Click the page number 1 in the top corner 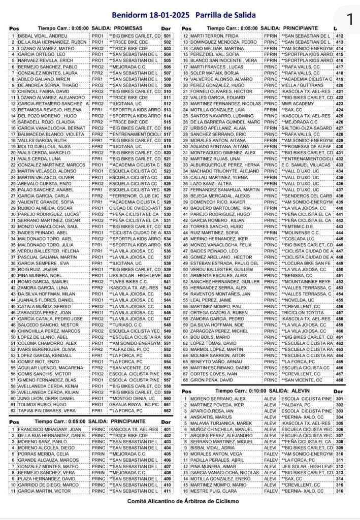coord(349,19)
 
